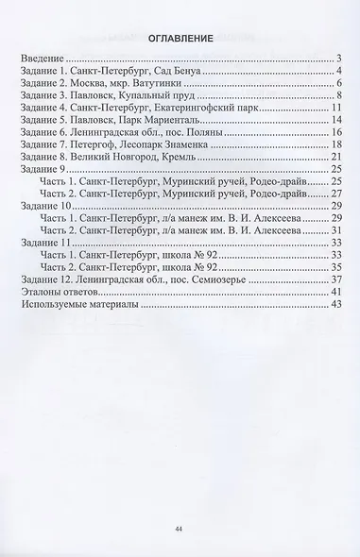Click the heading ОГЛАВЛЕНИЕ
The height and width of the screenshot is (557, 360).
tap(180, 39)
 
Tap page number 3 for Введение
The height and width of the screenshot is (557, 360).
tap(336, 59)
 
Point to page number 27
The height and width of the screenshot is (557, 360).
tap(334, 193)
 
